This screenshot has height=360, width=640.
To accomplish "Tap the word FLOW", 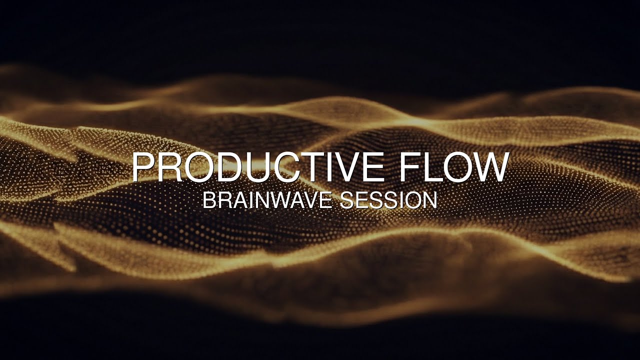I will [453, 167].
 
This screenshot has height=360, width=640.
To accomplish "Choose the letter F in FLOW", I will [409, 167].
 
